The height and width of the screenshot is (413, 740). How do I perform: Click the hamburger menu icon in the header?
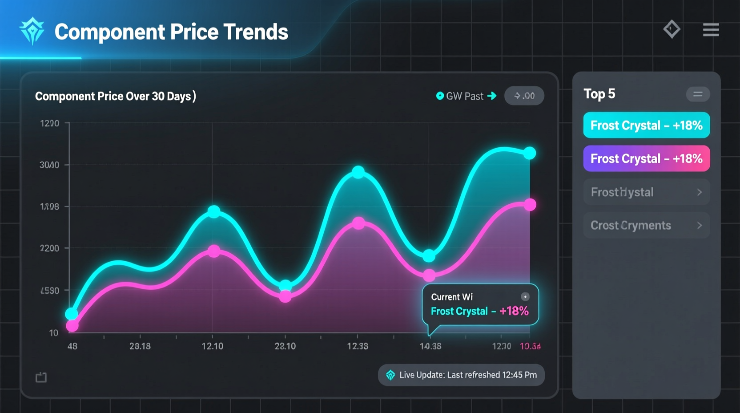pos(711,30)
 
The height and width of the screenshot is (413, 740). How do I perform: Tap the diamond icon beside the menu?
pos(672,29)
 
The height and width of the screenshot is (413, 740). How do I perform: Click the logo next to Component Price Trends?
pos(32,31)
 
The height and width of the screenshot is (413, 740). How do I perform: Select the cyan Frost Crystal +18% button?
pos(646,125)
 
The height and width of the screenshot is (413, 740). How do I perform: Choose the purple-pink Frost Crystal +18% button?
pos(646,158)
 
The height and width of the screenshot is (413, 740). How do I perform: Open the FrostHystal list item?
pos(646,192)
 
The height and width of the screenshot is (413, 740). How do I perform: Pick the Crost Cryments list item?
pos(646,225)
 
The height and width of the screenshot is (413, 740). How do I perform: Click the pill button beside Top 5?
pos(697,94)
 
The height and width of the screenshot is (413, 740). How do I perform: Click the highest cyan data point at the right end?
pos(530,153)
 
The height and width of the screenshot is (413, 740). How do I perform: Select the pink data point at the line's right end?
pos(530,205)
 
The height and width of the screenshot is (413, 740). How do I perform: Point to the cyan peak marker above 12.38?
pos(358,172)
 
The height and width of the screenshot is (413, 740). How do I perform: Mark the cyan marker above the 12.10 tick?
pos(214,211)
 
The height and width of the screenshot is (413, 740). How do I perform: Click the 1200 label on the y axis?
pos(49,123)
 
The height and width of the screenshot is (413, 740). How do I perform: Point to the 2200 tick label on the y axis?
pos(49,248)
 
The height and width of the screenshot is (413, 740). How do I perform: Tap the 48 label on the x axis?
pos(72,346)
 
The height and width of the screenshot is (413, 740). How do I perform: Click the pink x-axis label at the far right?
pos(530,346)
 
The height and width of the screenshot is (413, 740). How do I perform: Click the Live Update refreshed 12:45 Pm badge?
pos(461,375)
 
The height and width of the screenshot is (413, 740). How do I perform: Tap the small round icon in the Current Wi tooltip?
pos(525,297)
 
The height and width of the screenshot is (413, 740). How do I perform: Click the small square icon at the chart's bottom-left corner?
pos(41,377)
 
